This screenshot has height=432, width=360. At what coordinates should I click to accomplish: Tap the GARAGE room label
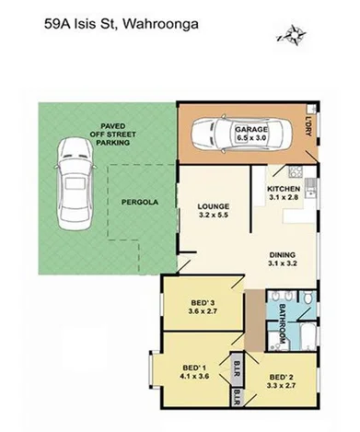tap(250, 130)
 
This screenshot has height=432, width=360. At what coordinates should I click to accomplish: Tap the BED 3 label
tap(202, 303)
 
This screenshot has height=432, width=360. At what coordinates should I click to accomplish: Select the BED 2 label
tap(283, 378)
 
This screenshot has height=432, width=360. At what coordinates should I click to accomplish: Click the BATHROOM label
tap(273, 326)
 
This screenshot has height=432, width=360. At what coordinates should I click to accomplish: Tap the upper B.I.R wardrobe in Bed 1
tap(238, 365)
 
